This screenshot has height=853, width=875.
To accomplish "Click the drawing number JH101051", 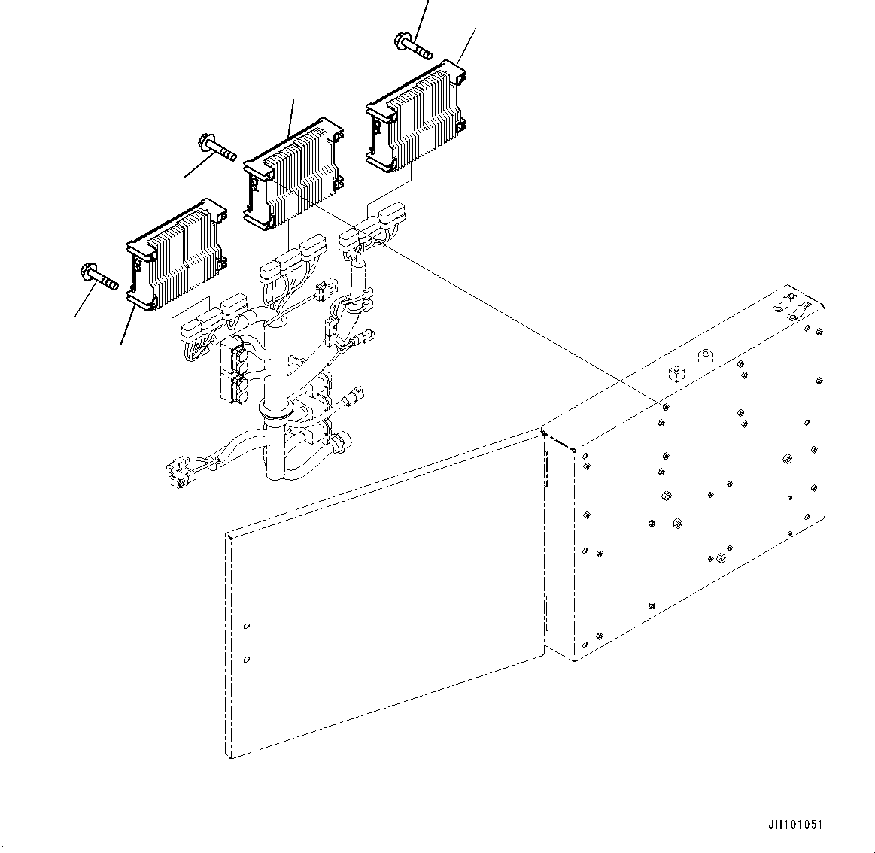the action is (794, 824).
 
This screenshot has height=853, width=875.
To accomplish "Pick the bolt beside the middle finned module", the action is (217, 147).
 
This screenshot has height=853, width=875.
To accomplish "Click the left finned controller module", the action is (176, 253).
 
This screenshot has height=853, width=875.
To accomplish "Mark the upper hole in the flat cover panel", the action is (247, 626).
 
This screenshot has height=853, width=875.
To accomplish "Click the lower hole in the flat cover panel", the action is (247, 660).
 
